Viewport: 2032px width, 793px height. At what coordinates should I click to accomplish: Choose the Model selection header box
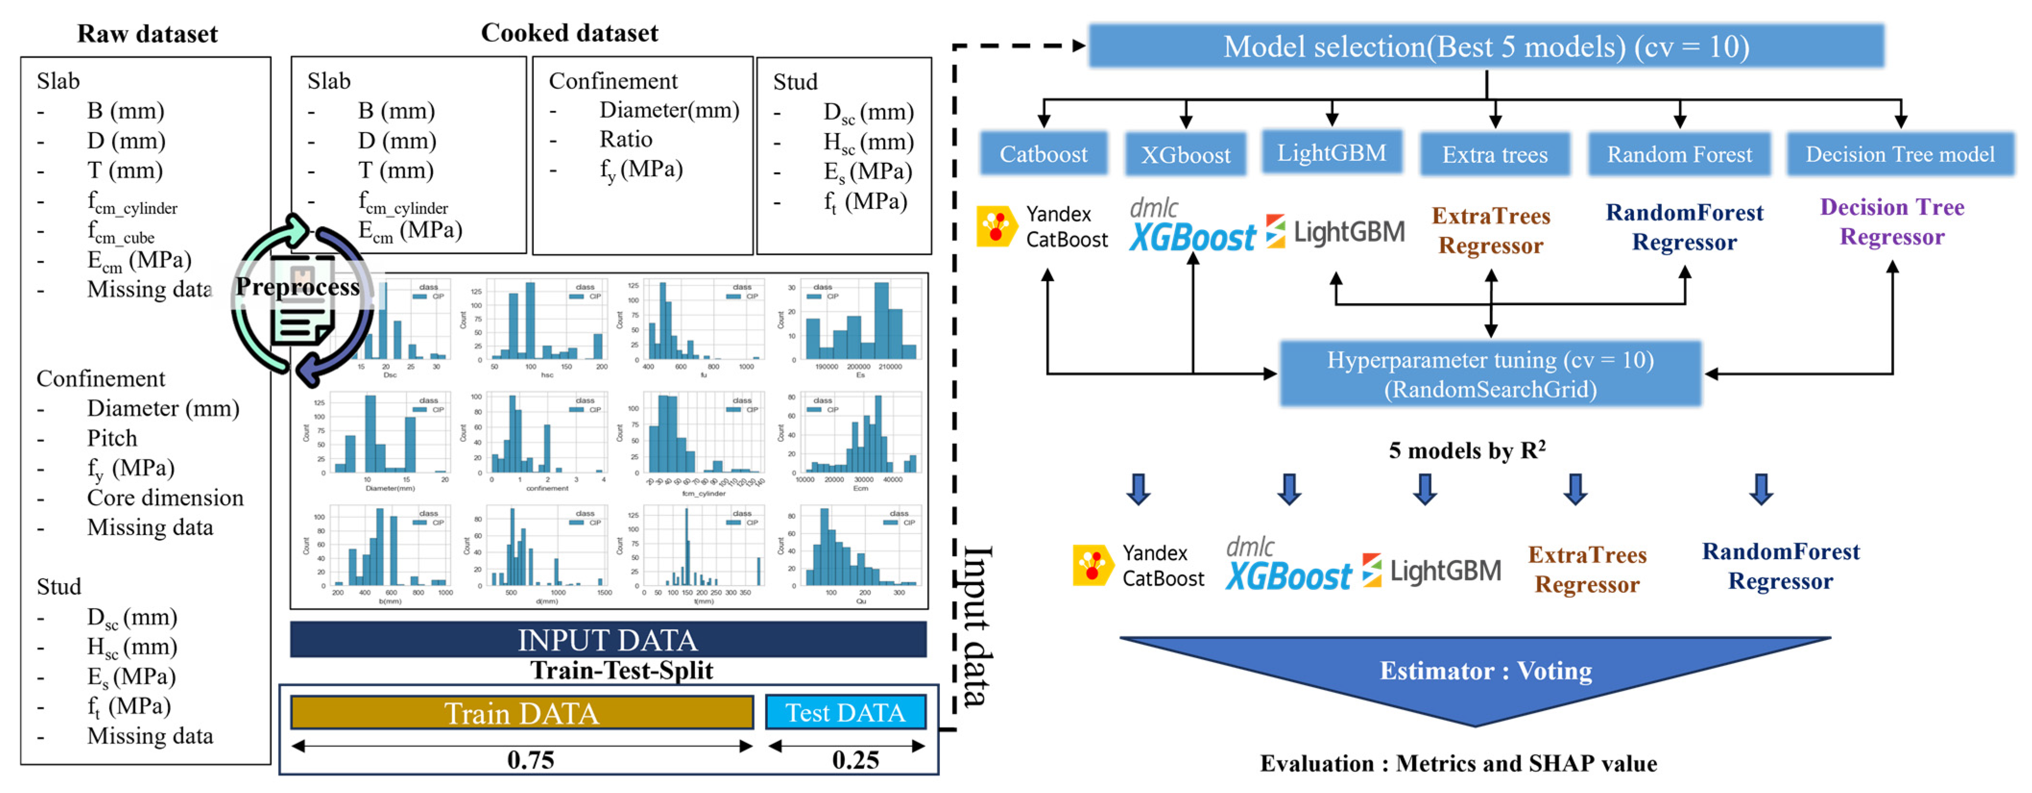(x=1486, y=47)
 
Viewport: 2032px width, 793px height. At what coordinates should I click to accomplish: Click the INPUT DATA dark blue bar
(x=607, y=640)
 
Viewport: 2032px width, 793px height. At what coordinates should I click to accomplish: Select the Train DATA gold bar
(x=521, y=712)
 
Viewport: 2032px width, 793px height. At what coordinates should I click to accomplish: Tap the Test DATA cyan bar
(x=845, y=712)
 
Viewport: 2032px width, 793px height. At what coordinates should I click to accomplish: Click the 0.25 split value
(x=855, y=760)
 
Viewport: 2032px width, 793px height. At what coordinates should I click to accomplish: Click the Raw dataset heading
(x=147, y=34)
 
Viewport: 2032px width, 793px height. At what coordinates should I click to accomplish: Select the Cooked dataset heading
(x=569, y=33)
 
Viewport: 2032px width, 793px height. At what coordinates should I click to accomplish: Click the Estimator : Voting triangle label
(x=1485, y=671)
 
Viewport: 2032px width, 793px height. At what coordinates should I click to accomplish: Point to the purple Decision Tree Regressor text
(x=1892, y=222)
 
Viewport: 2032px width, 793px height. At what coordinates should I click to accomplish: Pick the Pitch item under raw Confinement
(x=112, y=438)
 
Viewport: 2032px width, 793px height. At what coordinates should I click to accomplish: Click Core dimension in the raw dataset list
(x=165, y=498)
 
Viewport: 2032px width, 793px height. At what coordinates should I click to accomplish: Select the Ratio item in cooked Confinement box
(x=625, y=140)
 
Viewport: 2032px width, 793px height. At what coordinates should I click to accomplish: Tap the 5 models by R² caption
(x=1467, y=451)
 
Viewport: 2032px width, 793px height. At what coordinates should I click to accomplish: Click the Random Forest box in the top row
(x=1679, y=154)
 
